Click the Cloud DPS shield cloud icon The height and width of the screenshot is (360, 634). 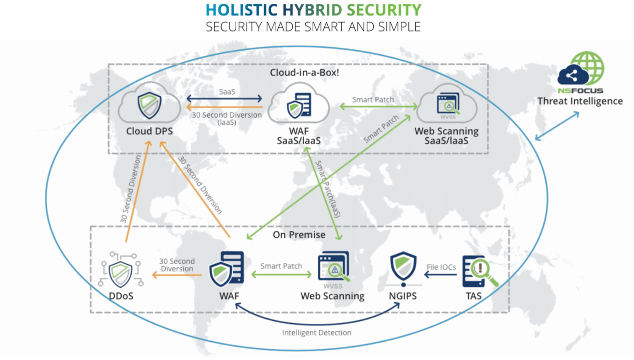coord(150,103)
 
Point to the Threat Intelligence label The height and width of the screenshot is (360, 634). coord(580,101)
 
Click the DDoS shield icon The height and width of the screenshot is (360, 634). coord(121,272)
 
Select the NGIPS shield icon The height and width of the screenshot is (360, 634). coord(403,268)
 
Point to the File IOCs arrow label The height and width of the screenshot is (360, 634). coord(441,267)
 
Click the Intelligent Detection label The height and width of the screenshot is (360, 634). coord(317,332)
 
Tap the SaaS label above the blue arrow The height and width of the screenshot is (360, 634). coord(227,92)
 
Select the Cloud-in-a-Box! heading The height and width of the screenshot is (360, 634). coord(297,72)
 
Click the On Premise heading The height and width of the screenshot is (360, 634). coord(299,234)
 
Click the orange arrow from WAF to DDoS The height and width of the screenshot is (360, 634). coord(177,274)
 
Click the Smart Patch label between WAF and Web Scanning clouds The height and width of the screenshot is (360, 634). coord(373,99)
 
